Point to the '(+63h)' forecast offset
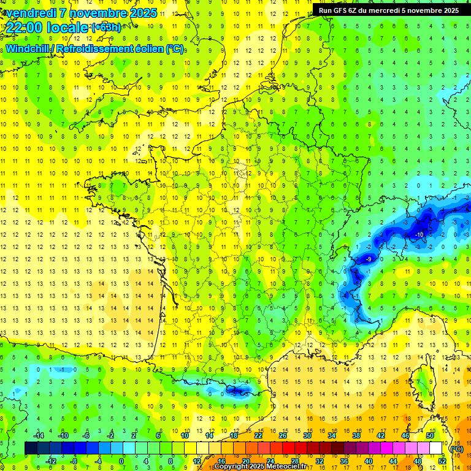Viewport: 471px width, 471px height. [x=105, y=27]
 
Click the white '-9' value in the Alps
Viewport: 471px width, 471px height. [x=367, y=259]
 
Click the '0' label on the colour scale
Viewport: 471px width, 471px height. [x=121, y=461]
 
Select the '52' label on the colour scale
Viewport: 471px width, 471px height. [x=442, y=461]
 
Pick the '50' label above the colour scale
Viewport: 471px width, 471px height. [x=430, y=435]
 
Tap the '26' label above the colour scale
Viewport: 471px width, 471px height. [x=283, y=435]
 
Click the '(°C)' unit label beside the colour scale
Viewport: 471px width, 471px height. [x=456, y=448]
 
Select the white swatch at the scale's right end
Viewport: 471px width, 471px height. [x=436, y=448]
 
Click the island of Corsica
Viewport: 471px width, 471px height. [x=423, y=380]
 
